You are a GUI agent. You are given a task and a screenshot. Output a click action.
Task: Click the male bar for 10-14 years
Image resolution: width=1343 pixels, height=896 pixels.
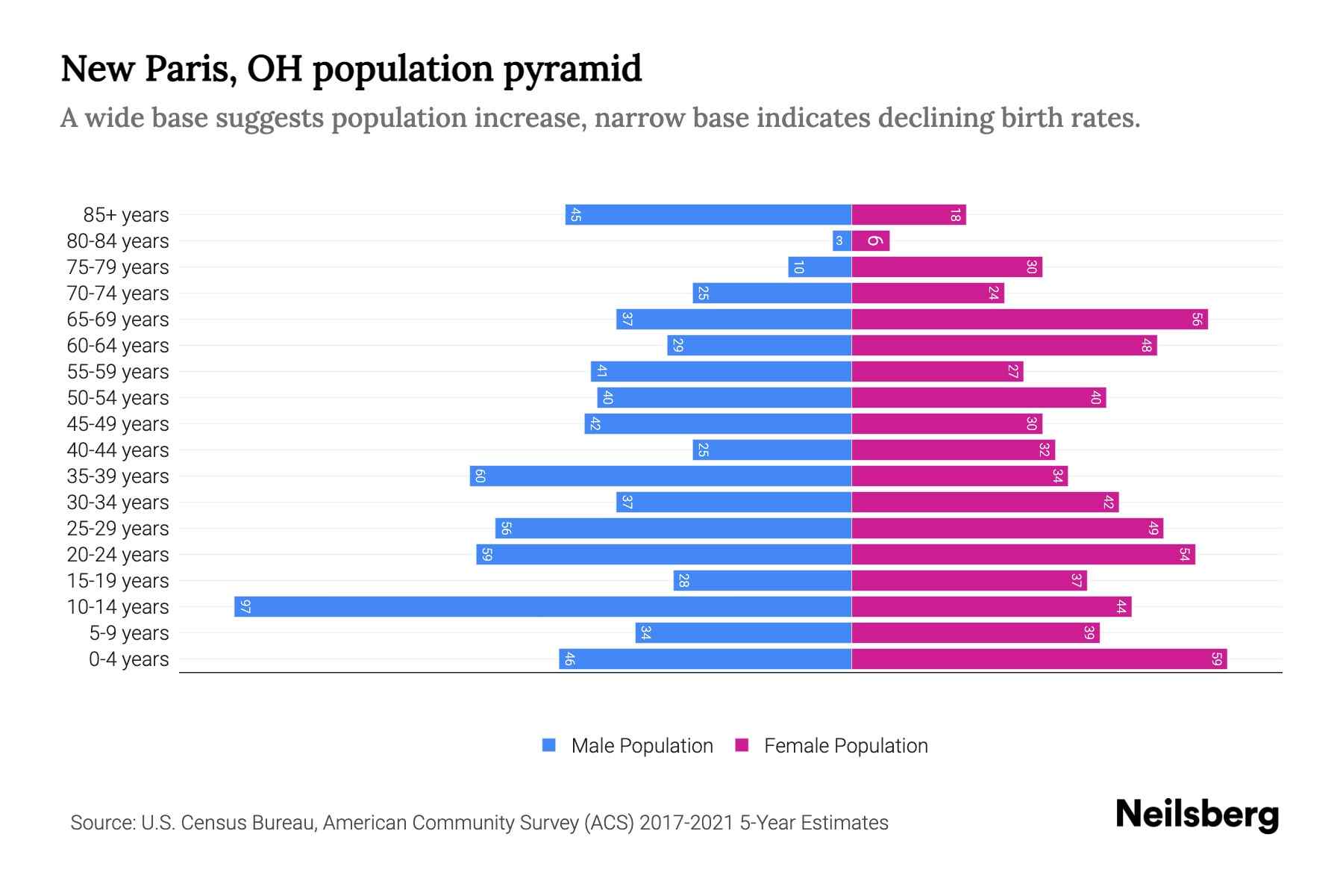point(542,606)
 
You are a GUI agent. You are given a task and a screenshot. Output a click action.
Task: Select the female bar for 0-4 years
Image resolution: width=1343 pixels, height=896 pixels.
point(1039,659)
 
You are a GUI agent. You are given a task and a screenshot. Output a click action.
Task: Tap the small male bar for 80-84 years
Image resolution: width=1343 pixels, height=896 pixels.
point(842,240)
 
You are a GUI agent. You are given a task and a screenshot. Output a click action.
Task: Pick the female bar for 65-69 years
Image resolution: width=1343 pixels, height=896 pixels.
point(1029,319)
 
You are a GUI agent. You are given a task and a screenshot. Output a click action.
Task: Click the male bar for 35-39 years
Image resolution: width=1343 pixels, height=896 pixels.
point(660,476)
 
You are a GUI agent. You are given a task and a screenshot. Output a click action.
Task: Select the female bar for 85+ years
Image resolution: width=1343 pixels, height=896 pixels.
point(908,214)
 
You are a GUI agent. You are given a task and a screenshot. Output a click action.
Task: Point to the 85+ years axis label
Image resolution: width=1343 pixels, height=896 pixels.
point(125,215)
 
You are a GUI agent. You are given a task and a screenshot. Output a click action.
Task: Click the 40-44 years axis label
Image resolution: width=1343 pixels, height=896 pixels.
point(118,450)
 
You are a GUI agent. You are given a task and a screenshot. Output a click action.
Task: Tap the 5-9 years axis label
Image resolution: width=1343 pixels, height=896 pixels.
point(128,633)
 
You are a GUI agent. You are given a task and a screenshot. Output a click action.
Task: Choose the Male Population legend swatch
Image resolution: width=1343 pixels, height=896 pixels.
point(549,745)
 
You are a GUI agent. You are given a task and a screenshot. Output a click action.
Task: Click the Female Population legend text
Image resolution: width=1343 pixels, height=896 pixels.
point(845,746)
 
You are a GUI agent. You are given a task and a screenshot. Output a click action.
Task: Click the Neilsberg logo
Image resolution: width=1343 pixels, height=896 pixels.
point(1197,815)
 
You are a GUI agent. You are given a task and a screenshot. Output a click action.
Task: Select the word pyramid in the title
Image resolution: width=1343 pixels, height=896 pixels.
point(572,69)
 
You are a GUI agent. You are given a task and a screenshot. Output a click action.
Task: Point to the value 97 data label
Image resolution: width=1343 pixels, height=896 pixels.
point(245,606)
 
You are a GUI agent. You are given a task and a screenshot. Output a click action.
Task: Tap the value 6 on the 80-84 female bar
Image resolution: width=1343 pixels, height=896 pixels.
point(875,240)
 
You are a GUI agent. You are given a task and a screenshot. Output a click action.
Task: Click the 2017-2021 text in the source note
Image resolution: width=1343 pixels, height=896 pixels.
point(686,823)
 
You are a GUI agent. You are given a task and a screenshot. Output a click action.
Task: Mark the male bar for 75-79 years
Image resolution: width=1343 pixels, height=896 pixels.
point(819,267)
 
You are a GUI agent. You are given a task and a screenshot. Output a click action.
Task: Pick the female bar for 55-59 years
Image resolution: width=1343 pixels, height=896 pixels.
point(937,371)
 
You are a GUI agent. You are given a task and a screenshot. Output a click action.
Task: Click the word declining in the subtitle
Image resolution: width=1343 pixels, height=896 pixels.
point(933,118)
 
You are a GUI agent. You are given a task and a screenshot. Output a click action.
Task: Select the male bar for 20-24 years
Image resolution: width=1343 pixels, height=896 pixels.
point(663,554)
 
